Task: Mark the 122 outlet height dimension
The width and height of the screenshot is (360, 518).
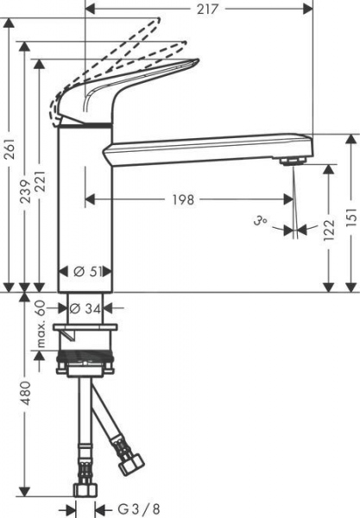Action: (330, 231)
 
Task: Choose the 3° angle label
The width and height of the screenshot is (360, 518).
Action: (261, 224)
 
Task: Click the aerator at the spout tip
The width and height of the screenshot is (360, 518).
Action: (294, 160)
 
